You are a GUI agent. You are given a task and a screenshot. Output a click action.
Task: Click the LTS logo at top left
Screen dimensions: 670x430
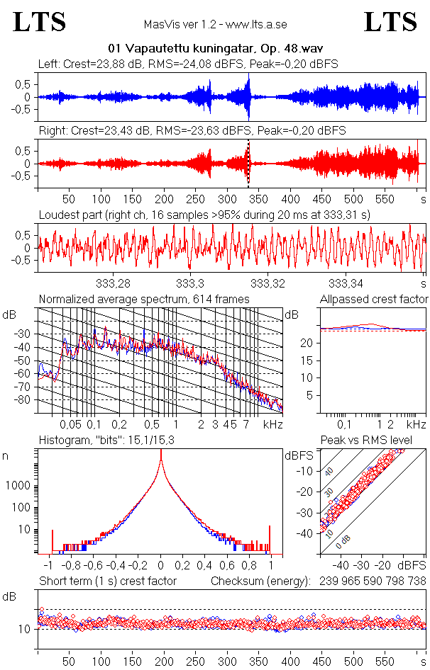[40, 23]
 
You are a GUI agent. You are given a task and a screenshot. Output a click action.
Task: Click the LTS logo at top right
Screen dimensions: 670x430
[390, 23]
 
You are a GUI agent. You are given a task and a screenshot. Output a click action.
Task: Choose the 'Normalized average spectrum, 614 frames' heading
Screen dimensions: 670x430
[144, 300]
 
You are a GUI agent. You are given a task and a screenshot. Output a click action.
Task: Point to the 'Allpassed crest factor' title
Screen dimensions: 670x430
[374, 300]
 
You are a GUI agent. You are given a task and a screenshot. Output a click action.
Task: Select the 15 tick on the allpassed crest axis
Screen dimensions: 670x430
[309, 360]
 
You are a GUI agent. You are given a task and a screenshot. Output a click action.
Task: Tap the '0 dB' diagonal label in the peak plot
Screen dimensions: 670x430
[344, 541]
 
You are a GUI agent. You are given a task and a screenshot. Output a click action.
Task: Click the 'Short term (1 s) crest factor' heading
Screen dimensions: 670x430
[107, 581]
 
